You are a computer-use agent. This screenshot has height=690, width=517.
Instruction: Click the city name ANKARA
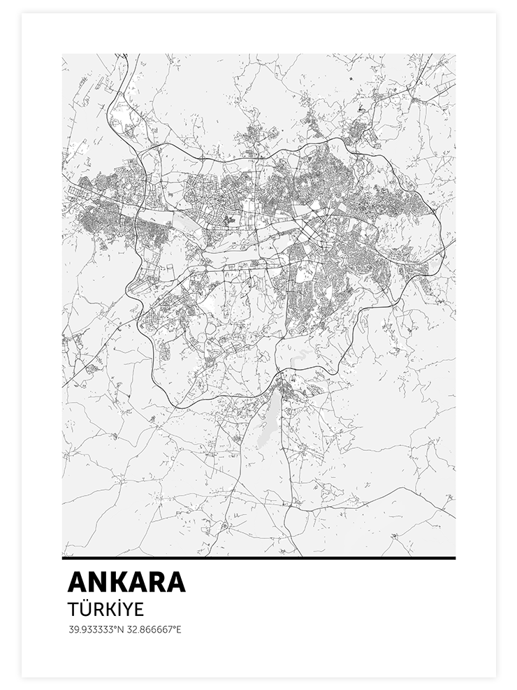126,582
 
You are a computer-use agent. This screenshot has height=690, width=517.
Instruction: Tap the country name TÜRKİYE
105,609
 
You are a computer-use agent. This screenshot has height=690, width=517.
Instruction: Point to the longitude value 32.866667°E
154,629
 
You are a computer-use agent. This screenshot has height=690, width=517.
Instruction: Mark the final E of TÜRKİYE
138,609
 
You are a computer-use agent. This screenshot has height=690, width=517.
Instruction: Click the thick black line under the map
258,558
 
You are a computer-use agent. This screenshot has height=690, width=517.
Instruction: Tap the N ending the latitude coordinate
121,629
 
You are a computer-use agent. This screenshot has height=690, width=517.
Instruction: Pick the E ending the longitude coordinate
179,629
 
